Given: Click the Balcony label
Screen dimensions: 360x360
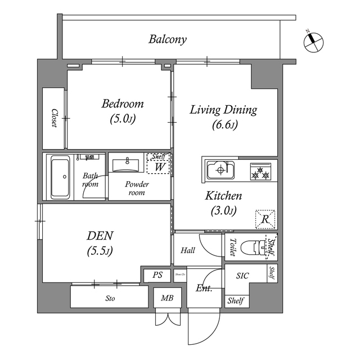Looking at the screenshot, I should (x=168, y=39).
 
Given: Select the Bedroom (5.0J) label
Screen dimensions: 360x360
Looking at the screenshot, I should (x=122, y=111).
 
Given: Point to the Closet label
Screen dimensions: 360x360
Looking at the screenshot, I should (x=55, y=118).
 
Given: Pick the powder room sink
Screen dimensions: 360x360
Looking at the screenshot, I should (x=127, y=165).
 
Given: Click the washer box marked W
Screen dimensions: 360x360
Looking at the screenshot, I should (x=159, y=167).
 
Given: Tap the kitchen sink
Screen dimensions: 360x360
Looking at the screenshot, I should (x=220, y=169).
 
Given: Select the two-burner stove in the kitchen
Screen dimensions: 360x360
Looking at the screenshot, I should (x=260, y=171).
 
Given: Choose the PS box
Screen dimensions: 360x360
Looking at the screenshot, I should (x=157, y=276).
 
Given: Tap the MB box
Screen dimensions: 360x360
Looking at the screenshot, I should (x=167, y=298).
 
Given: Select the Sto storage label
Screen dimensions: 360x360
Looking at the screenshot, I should (x=110, y=299).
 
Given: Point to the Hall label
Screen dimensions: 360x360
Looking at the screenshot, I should (x=188, y=250).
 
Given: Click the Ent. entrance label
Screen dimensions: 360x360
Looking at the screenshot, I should (x=204, y=289).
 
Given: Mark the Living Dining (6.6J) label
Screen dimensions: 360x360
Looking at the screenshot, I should (x=223, y=116).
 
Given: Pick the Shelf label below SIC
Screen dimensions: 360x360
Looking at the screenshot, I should (x=236, y=301).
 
